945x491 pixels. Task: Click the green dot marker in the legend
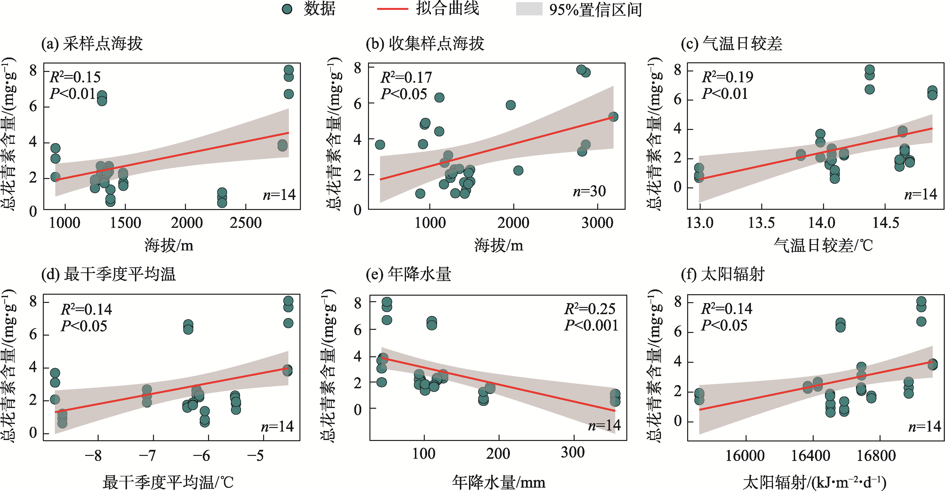pos(287,9)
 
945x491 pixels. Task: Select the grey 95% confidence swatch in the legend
pos(529,9)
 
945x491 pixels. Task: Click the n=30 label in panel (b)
pos(589,191)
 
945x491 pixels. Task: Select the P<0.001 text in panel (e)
pos(591,325)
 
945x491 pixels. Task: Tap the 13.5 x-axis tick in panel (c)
pos(761,223)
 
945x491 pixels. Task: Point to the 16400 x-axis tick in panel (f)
pos(810,455)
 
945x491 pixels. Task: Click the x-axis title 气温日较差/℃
pos(823,245)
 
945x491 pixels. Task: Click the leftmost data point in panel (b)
pos(380,145)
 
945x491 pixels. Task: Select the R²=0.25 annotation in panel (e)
pos(590,309)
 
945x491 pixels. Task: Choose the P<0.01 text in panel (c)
pos(724,94)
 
